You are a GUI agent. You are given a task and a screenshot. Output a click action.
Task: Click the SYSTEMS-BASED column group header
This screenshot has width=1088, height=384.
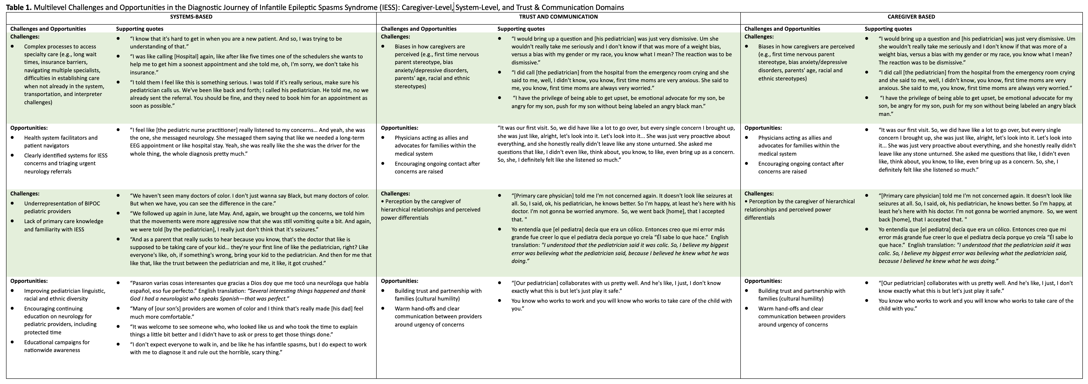click(x=191, y=17)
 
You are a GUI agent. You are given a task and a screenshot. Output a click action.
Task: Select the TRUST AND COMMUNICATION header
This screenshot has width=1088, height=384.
click(x=558, y=17)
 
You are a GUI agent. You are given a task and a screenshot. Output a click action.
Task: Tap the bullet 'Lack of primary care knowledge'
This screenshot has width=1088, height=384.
click(x=63, y=225)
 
